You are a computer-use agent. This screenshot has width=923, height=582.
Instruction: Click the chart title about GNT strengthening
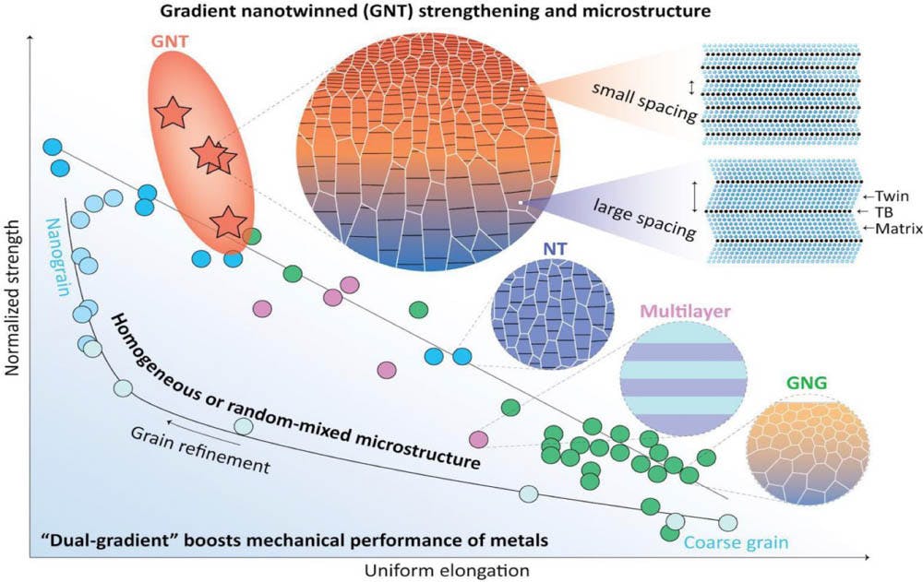coord(462,12)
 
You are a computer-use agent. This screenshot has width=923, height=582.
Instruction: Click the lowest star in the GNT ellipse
coord(228,222)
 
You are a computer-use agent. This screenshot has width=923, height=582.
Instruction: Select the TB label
coord(884,211)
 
